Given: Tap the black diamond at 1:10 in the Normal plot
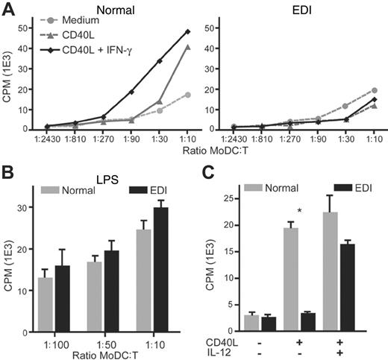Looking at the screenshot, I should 187,31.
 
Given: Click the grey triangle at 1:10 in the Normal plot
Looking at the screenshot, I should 187,47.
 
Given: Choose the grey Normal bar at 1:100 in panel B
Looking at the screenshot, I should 46,296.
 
